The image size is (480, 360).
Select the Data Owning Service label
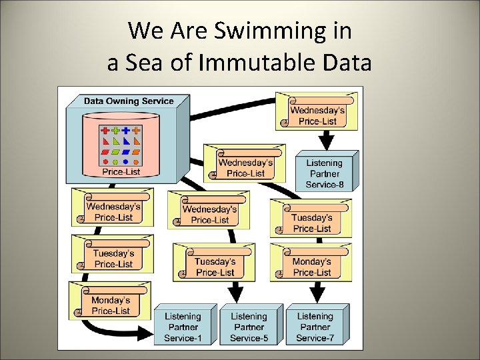129,101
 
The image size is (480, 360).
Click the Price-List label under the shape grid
121,171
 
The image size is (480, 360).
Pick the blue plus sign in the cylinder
126,131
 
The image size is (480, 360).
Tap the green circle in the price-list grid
116,161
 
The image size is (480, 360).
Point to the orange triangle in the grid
137,141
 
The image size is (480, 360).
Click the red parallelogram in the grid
105,152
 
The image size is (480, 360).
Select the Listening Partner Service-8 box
325,173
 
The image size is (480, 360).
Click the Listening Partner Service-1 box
184,327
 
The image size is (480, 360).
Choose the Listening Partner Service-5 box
249,327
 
